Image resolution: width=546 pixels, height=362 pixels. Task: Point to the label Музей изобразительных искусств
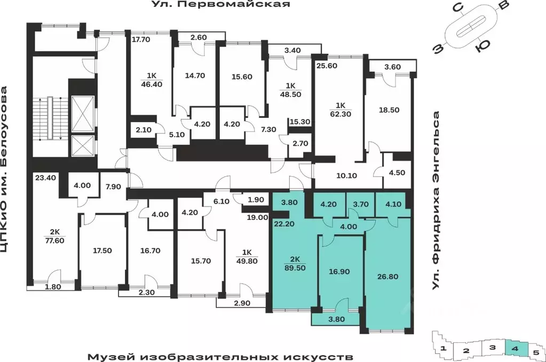[220, 356]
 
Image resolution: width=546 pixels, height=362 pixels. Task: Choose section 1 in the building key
[444, 350]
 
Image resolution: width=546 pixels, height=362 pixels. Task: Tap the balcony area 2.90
[242, 303]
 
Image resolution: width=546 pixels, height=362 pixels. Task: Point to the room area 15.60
[242, 76]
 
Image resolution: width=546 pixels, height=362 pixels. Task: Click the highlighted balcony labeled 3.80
[338, 320]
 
